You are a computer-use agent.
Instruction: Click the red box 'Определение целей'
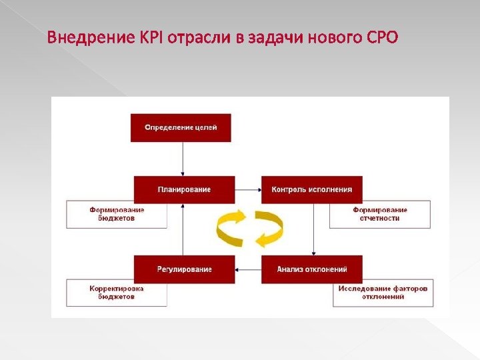tap(181, 127)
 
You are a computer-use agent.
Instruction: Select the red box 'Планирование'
tap(185, 190)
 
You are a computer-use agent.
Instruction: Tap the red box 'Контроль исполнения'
tap(311, 190)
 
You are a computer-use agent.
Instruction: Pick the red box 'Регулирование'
tap(185, 269)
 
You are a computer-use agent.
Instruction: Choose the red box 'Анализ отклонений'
tap(311, 269)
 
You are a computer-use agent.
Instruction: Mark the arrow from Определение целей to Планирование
tap(182, 159)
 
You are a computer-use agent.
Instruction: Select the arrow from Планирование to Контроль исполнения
tap(248, 190)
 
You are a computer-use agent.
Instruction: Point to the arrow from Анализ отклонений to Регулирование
tap(248, 269)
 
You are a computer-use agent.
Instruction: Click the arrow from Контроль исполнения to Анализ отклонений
tap(313, 229)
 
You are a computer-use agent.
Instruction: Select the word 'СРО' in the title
tap(383, 37)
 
